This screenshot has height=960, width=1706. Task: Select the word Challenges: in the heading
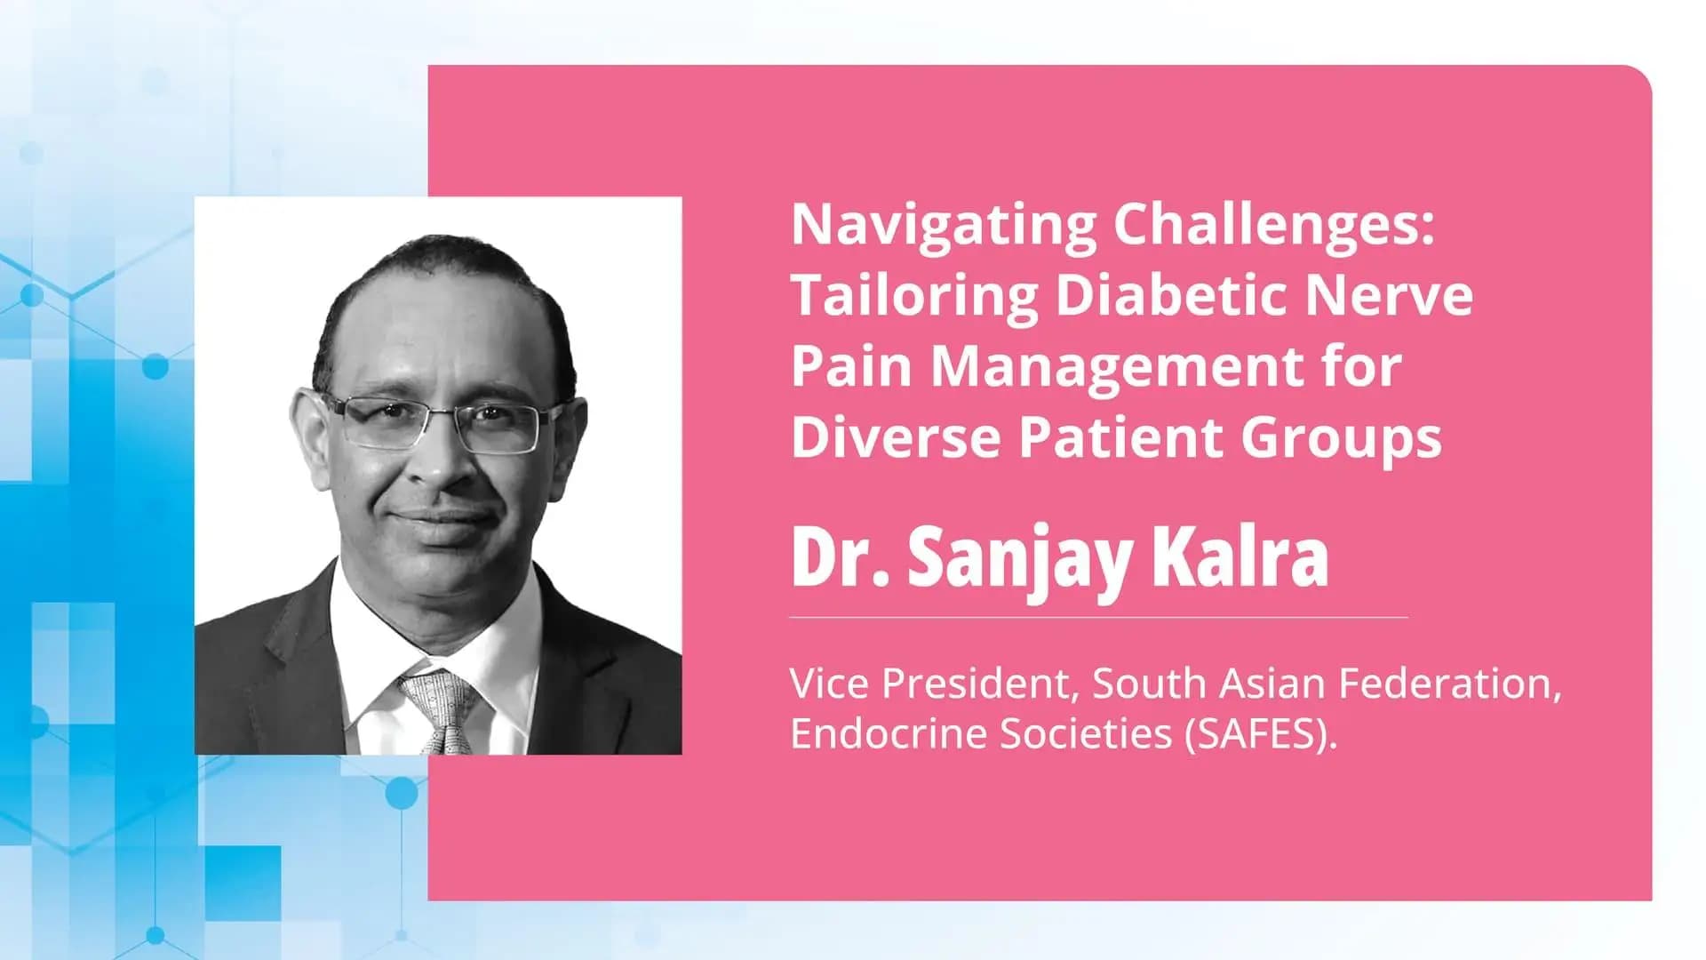[x=1273, y=226]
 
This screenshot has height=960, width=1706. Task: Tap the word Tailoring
[x=914, y=296]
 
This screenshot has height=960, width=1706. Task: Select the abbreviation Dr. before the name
[x=840, y=558]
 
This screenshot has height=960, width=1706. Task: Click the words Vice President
[x=934, y=684]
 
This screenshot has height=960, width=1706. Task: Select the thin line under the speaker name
[x=1098, y=616]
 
